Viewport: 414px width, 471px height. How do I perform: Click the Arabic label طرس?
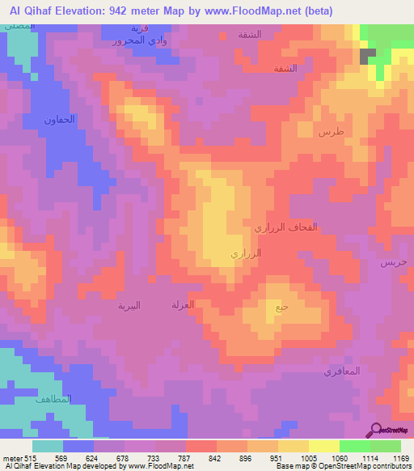[x=331, y=132]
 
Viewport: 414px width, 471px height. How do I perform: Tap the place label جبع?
[x=281, y=307]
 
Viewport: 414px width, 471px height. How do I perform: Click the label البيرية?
[x=129, y=305]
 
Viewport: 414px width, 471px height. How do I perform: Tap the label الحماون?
[x=60, y=119]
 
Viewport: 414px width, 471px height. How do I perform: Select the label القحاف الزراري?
[x=281, y=229]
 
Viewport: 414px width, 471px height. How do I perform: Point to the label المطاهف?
[x=56, y=399]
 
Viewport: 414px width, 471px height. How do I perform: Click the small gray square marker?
[x=368, y=56]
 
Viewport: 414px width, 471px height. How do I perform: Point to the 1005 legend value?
[x=308, y=457]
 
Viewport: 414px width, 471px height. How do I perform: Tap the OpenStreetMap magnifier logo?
[x=374, y=430]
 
